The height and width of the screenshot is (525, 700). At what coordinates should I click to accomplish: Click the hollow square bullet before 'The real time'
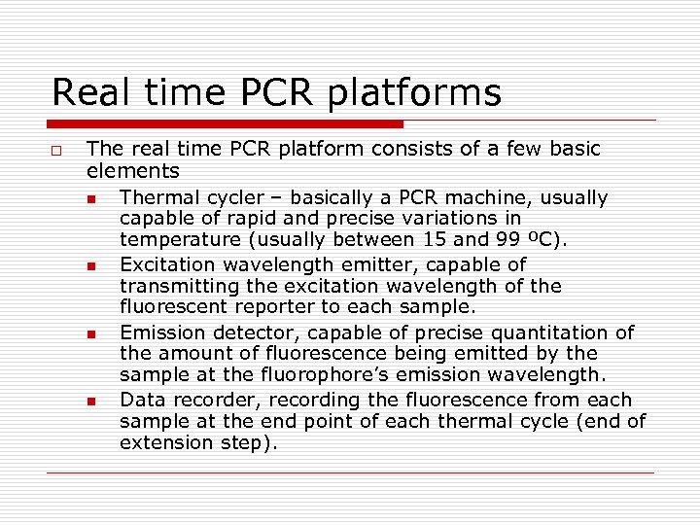[57, 151]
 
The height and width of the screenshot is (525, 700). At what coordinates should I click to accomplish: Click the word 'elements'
[133, 171]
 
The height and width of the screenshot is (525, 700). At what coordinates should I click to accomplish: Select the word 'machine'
[495, 198]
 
